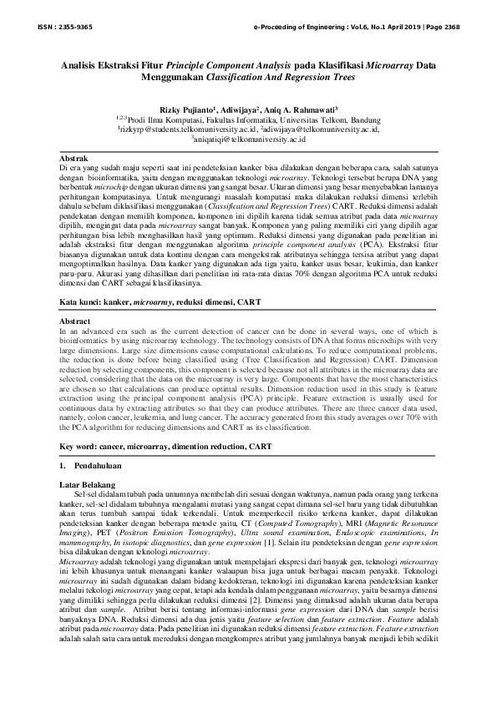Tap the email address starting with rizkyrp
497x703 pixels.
pos(188,130)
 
